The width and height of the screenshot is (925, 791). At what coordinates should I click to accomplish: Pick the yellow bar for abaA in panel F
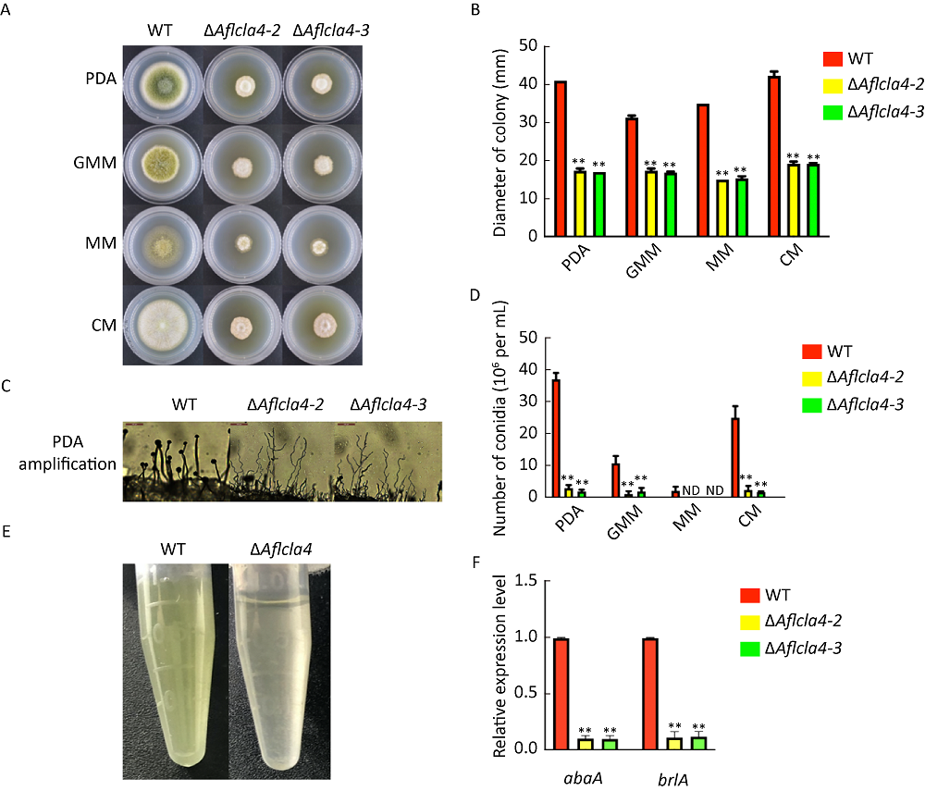point(586,743)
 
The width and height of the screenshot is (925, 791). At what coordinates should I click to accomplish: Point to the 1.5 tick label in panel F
point(527,580)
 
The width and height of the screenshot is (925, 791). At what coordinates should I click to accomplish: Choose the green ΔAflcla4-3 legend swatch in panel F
point(752,650)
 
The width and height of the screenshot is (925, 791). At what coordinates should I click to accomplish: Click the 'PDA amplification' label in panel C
point(71,453)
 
